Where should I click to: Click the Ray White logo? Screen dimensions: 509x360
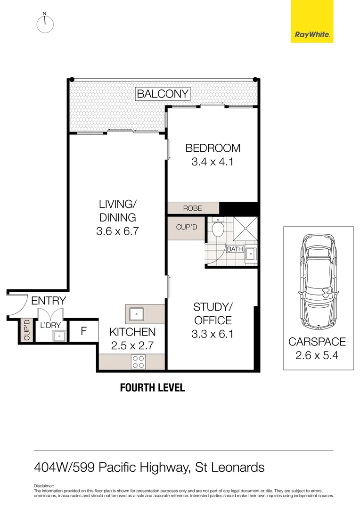pyautogui.click(x=311, y=22)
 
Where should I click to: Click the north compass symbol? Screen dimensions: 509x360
pyautogui.click(x=45, y=24)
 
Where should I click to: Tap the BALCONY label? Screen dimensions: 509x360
pyautogui.click(x=163, y=94)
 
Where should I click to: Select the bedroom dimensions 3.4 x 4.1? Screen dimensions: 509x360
pyautogui.click(x=213, y=162)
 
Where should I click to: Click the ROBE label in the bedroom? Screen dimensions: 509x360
pyautogui.click(x=193, y=208)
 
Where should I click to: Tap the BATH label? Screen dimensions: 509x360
pyautogui.click(x=235, y=249)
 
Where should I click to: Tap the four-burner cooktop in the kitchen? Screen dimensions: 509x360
pyautogui.click(x=139, y=361)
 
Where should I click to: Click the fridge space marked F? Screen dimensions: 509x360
pyautogui.click(x=84, y=331)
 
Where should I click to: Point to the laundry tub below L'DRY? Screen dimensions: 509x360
pyautogui.click(x=59, y=336)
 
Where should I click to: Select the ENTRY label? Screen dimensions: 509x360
pyautogui.click(x=49, y=301)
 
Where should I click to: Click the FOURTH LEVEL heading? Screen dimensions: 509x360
pyautogui.click(x=152, y=388)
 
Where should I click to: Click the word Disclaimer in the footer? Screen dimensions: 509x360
pyautogui.click(x=44, y=485)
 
